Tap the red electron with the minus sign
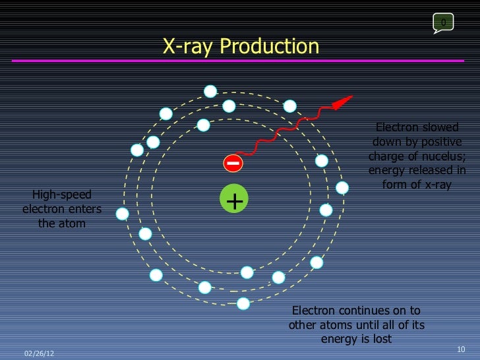pos(233,163)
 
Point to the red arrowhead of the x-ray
pos(342,103)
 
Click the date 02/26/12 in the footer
pos(39,353)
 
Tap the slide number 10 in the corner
pos(461,349)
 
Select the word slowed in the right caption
pos(440,127)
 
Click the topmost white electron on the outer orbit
pos(210,92)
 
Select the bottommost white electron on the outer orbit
pos(243,303)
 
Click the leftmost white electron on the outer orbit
pos(122,214)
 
